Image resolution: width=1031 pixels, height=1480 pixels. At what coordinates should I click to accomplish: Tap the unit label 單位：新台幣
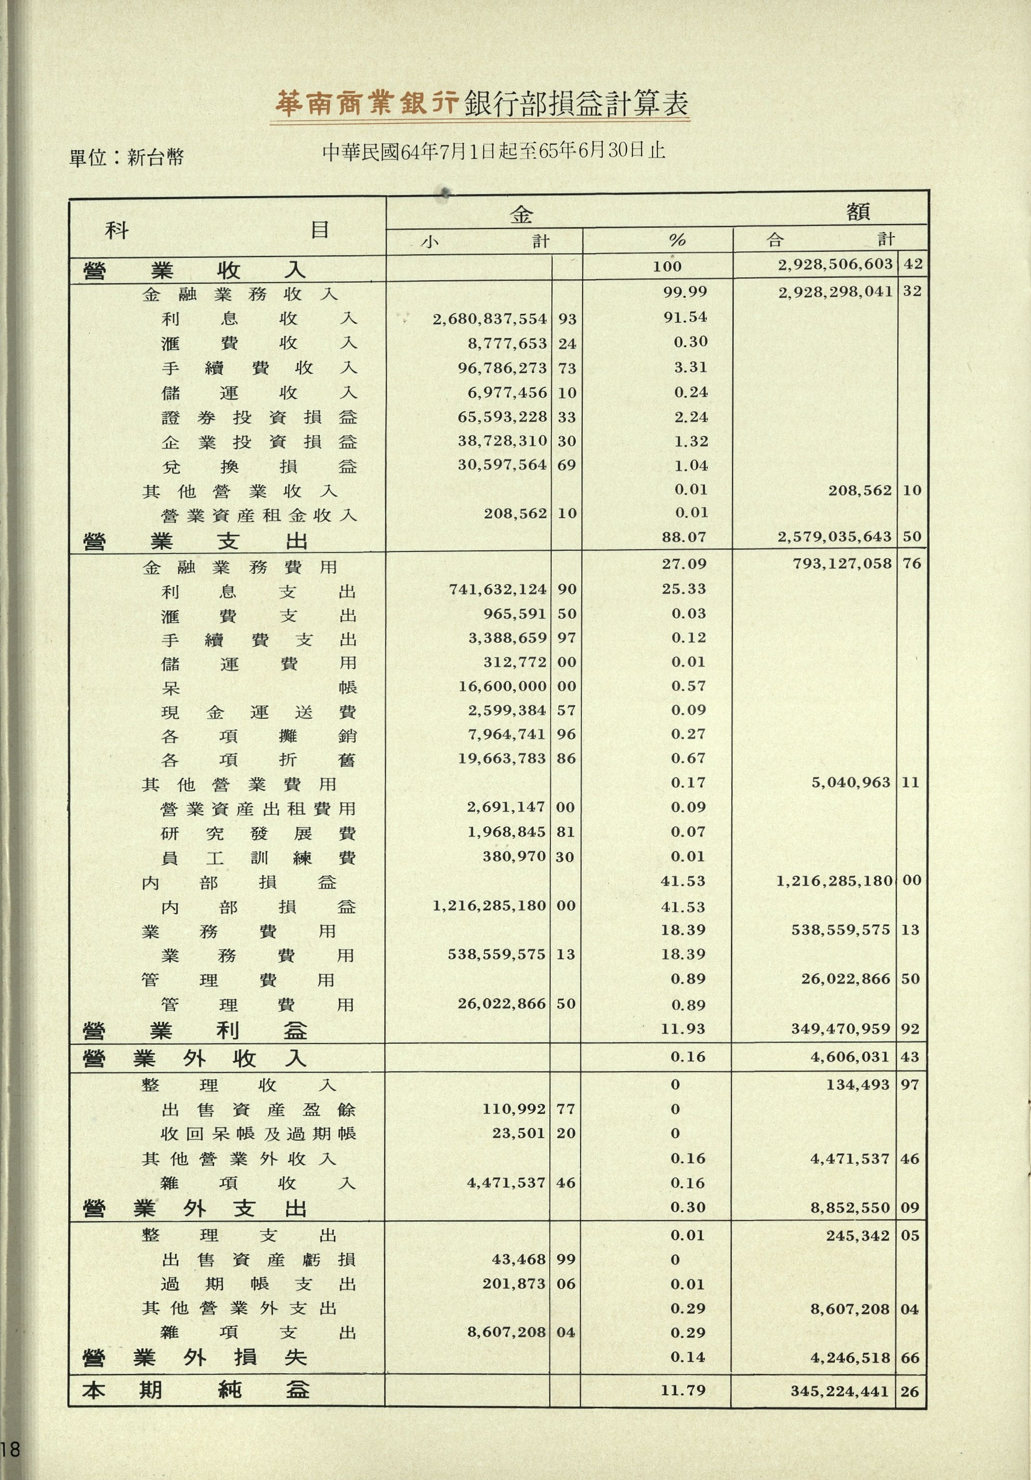point(126,157)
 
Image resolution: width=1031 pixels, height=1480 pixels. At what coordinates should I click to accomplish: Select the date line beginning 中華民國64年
point(494,152)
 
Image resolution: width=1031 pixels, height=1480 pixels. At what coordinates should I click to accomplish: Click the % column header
point(677,241)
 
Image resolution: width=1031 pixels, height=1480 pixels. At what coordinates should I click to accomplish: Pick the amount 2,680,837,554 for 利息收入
point(489,318)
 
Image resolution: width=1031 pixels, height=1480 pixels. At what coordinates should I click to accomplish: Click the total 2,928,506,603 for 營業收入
point(835,265)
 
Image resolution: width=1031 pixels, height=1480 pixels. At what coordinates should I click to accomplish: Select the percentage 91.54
point(685,317)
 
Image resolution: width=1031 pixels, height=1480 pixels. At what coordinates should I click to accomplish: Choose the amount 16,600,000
point(502,686)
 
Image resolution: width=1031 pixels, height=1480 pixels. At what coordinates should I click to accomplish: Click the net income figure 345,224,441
point(839,1390)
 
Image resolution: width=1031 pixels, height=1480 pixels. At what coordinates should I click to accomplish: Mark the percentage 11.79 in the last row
point(683,1389)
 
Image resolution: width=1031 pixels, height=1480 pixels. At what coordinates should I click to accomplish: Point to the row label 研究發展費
point(258,833)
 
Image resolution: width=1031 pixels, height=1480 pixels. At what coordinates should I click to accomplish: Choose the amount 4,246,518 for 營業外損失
point(850,1358)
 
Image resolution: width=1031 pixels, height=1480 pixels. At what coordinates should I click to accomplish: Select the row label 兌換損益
point(258,466)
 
